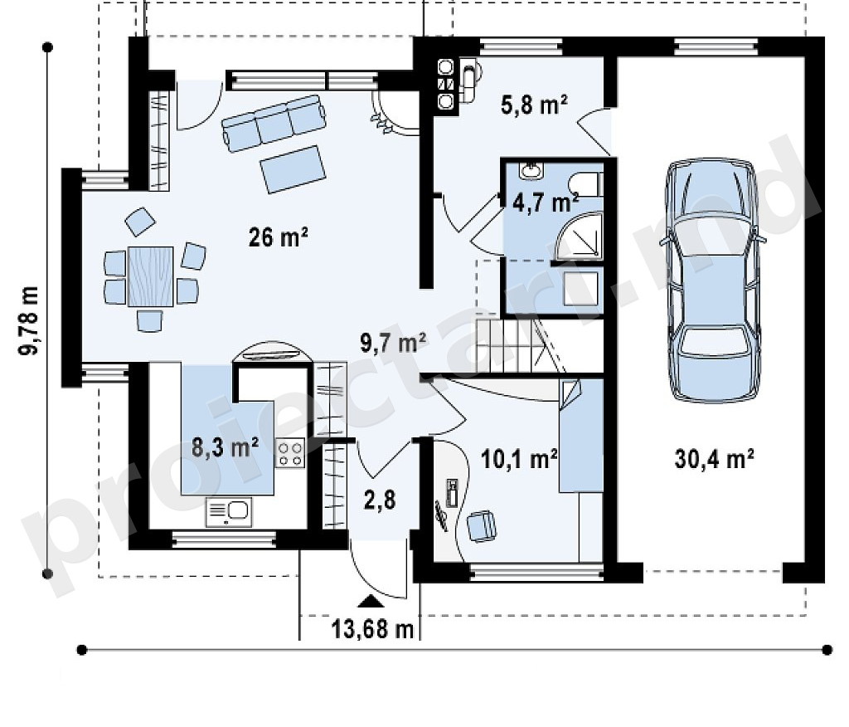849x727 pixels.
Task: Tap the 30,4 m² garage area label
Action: pyautogui.click(x=714, y=459)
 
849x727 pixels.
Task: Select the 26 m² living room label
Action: pyautogui.click(x=279, y=237)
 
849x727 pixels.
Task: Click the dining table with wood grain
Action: pyautogui.click(x=151, y=276)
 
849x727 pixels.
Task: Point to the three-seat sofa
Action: pyautogui.click(x=274, y=123)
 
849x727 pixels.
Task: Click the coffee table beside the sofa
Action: pyautogui.click(x=293, y=168)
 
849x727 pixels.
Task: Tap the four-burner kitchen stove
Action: pyautogui.click(x=291, y=453)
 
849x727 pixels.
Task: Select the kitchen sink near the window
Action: pyautogui.click(x=229, y=512)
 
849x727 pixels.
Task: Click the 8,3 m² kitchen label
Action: pyautogui.click(x=226, y=448)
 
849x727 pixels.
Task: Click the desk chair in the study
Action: pyautogui.click(x=482, y=525)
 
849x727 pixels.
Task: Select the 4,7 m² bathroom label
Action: pyautogui.click(x=546, y=202)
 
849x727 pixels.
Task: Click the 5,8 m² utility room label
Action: pyautogui.click(x=534, y=105)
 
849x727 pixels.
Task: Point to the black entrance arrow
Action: pyautogui.click(x=371, y=600)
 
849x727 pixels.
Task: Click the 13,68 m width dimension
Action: pyautogui.click(x=373, y=629)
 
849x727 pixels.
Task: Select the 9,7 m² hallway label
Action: pyautogui.click(x=394, y=343)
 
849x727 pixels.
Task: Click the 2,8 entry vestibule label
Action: pyautogui.click(x=380, y=500)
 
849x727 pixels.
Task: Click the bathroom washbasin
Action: pyautogui.click(x=531, y=171)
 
